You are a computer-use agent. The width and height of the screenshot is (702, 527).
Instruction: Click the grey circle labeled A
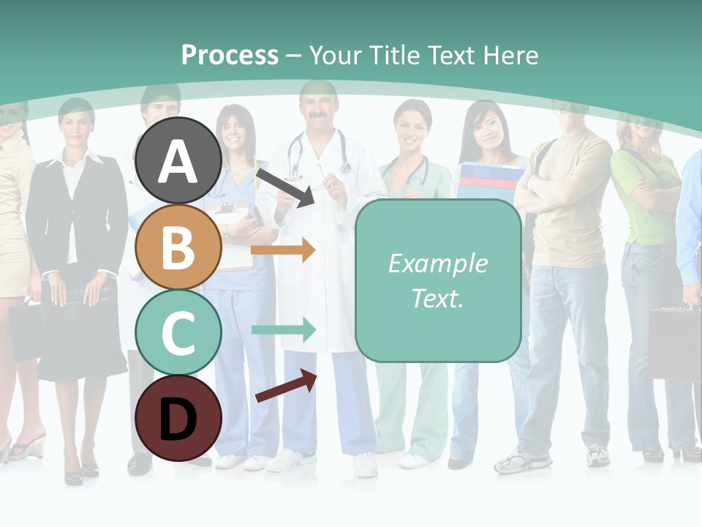(x=178, y=160)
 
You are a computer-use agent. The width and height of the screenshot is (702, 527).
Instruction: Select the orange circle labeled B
(x=178, y=247)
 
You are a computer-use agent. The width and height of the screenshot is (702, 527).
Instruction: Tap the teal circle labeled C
(x=178, y=332)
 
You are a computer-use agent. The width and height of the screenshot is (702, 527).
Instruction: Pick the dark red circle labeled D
(x=178, y=418)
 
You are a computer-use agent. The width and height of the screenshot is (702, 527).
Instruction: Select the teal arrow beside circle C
(x=283, y=329)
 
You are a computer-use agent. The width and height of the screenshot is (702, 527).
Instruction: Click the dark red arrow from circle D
(x=285, y=386)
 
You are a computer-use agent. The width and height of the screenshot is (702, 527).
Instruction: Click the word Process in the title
(x=230, y=55)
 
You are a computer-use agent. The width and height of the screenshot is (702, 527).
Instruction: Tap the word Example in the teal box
(x=437, y=263)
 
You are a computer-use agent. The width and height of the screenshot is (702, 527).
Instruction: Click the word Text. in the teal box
(x=437, y=298)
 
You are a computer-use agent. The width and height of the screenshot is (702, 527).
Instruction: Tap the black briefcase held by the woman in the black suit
(x=77, y=293)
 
